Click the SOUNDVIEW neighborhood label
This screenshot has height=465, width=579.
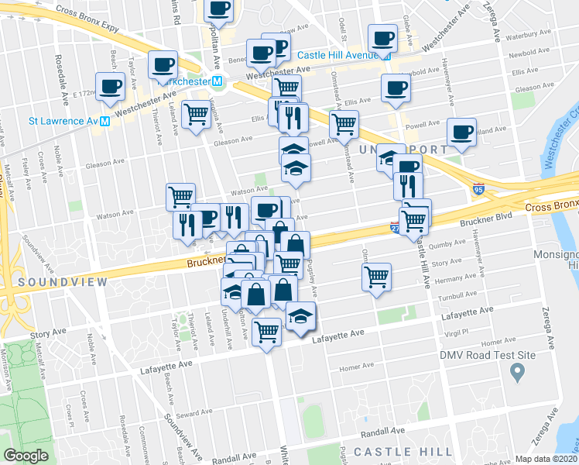click(53, 282)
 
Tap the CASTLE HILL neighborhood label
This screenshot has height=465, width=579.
click(403, 451)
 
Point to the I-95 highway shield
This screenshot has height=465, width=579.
click(480, 188)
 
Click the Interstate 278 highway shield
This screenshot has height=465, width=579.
click(396, 227)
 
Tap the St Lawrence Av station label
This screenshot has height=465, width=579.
click(62, 121)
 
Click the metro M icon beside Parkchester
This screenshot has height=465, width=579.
click(218, 81)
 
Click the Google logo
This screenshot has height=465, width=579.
click(26, 456)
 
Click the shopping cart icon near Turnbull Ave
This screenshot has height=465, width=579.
click(376, 276)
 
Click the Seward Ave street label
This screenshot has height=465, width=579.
click(190, 415)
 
